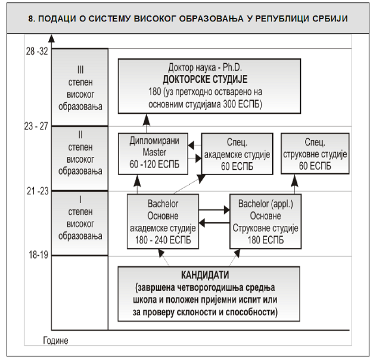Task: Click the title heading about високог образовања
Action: pos(186,19)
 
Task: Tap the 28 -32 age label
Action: pos(37,51)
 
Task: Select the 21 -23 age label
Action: pos(37,192)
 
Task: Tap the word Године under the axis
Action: pos(56,340)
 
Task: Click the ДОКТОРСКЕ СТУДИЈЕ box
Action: pos(209,86)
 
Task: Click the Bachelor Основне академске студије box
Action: pos(163,221)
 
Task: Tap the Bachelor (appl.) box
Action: pos(265,221)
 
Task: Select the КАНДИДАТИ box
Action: pos(209,293)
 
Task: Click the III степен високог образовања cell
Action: pos(80,88)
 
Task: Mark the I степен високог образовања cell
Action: pos(80,224)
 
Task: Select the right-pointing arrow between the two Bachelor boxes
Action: pos(214,210)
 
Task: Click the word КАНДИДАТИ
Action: pos(209,275)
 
